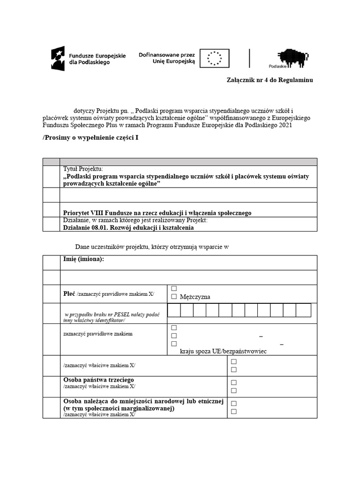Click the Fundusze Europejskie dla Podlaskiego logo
88,58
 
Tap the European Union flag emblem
215,58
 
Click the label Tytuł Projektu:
83,169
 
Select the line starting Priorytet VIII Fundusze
157,213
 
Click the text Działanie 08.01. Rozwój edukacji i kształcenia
128,228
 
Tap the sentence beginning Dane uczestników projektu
152,247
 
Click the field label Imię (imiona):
84,259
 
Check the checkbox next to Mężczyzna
174,297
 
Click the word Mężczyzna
195,297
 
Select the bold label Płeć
69,294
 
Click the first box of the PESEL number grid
174,310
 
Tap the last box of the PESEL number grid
304,310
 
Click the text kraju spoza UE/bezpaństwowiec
223,351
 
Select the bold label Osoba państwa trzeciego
98,379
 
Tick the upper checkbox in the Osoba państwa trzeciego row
234,382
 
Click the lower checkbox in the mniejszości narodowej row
234,412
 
